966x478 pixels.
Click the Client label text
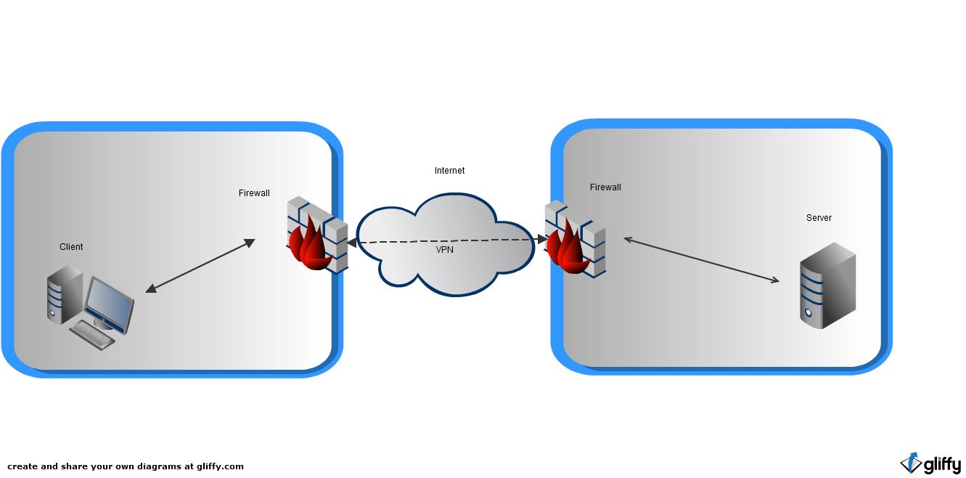(x=71, y=247)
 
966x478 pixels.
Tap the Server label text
(x=819, y=218)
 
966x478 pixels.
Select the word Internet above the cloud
(x=449, y=171)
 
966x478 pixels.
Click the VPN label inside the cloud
(x=445, y=250)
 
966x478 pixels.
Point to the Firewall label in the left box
(x=254, y=193)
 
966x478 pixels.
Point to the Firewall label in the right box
(x=605, y=187)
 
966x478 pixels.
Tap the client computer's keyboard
(x=91, y=333)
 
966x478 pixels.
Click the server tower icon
(x=827, y=285)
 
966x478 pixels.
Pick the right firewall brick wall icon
(x=575, y=239)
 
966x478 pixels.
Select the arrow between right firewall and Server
(x=701, y=259)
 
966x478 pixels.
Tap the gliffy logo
(x=931, y=463)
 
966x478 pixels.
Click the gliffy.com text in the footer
(x=221, y=466)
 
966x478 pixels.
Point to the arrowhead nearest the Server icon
(x=775, y=280)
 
